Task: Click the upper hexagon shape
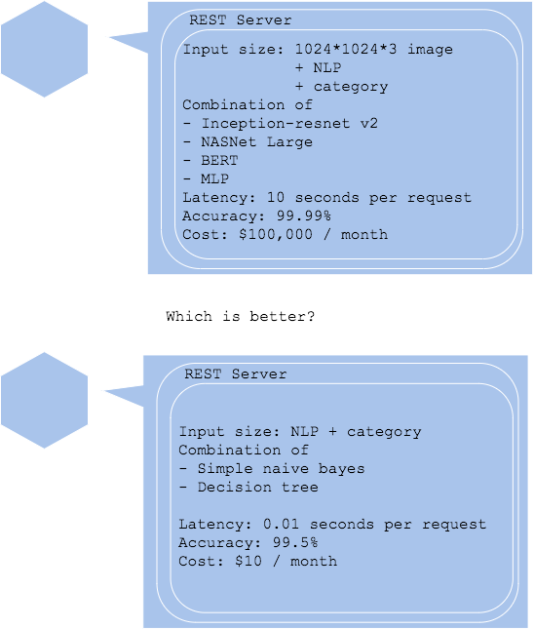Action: click(44, 49)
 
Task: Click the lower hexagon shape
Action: click(44, 401)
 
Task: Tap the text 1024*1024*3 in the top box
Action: click(346, 49)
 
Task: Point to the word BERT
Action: click(219, 160)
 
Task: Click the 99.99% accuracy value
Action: click(304, 216)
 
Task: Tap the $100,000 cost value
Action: click(276, 234)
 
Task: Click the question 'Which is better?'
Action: click(241, 316)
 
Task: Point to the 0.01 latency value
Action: click(281, 524)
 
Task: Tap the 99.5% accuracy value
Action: click(295, 542)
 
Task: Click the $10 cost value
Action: click(248, 561)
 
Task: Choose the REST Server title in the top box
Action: click(240, 20)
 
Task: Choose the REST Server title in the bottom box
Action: click(235, 373)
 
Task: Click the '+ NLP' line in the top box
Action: click(319, 67)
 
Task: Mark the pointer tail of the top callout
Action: click(110, 37)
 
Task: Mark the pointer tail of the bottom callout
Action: click(105, 390)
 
